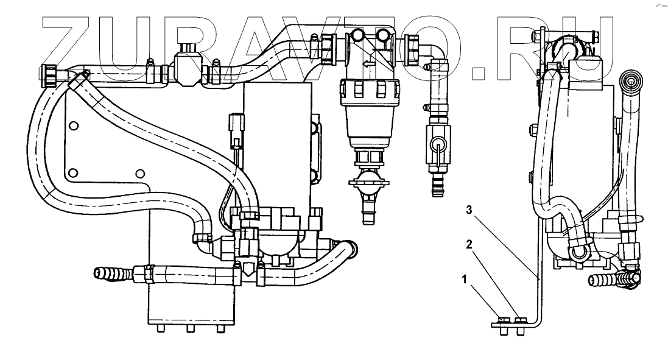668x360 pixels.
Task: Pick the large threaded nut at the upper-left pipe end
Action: tap(50, 74)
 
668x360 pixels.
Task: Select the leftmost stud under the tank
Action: tap(160, 328)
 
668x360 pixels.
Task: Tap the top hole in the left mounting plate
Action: tap(73, 126)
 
